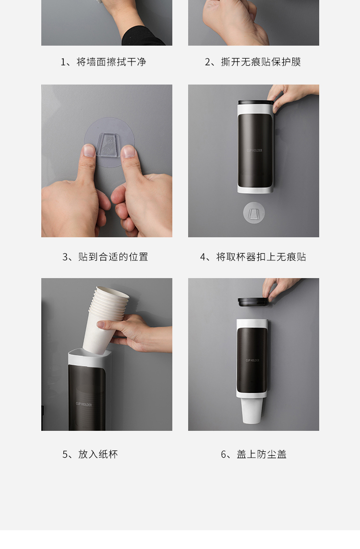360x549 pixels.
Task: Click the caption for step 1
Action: pyautogui.click(x=103, y=62)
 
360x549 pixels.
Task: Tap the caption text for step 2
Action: pyautogui.click(x=252, y=62)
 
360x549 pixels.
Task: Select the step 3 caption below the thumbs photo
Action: pyautogui.click(x=105, y=256)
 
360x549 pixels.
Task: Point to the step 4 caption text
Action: pyautogui.click(x=253, y=256)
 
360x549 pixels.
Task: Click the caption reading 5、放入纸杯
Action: pyautogui.click(x=90, y=454)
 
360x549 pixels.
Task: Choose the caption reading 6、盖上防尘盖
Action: pyautogui.click(x=253, y=454)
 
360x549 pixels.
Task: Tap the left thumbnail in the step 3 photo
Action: pyautogui.click(x=89, y=150)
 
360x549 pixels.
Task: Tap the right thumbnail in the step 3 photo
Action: pyautogui.click(x=128, y=151)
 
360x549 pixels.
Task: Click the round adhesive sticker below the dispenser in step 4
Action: pyautogui.click(x=254, y=212)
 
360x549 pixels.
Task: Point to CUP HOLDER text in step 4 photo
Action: pyautogui.click(x=254, y=150)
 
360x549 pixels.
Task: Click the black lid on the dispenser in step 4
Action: pyautogui.click(x=255, y=102)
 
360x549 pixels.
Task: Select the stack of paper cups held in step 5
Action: pyautogui.click(x=105, y=318)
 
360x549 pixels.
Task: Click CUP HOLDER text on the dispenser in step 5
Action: pyautogui.click(x=84, y=404)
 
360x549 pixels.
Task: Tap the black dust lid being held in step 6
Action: pyautogui.click(x=253, y=302)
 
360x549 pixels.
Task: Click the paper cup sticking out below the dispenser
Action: pyautogui.click(x=252, y=410)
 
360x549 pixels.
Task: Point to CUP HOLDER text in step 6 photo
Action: pyautogui.click(x=252, y=360)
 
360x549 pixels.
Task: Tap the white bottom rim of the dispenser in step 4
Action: pyautogui.click(x=255, y=190)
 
